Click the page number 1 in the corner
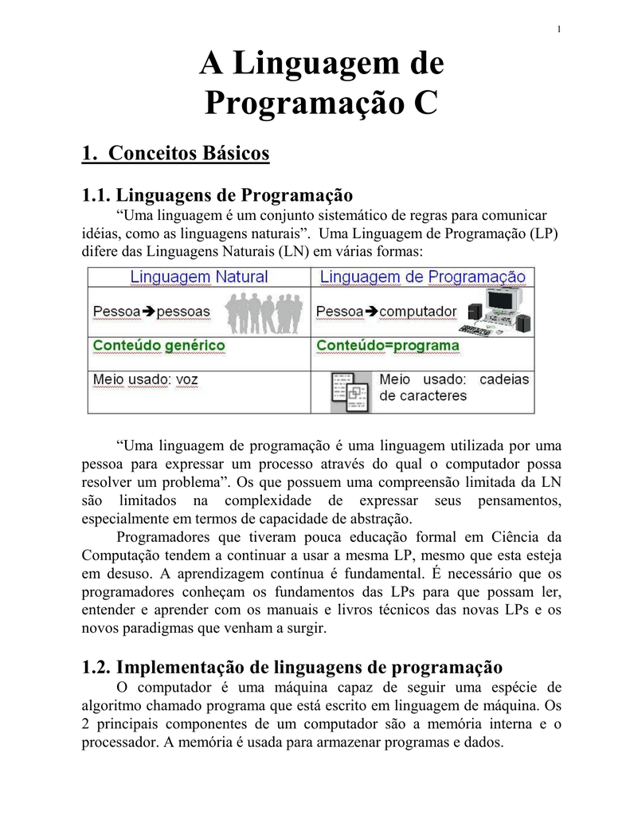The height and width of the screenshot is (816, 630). tap(559, 30)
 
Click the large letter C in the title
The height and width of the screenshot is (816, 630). tap(425, 104)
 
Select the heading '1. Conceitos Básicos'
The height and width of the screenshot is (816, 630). tap(176, 152)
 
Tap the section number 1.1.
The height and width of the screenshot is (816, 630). tap(97, 195)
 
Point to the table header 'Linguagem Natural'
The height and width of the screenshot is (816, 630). tap(199, 277)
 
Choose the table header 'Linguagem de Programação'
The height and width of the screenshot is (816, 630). tap(422, 277)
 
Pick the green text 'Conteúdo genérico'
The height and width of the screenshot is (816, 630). tap(159, 346)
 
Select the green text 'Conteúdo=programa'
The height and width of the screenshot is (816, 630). tap(388, 346)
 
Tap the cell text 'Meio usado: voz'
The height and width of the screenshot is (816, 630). tap(146, 380)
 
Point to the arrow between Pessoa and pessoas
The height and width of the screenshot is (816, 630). tap(149, 312)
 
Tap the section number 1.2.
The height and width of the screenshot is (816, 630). tap(97, 666)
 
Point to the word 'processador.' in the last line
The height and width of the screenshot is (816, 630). tap(120, 741)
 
